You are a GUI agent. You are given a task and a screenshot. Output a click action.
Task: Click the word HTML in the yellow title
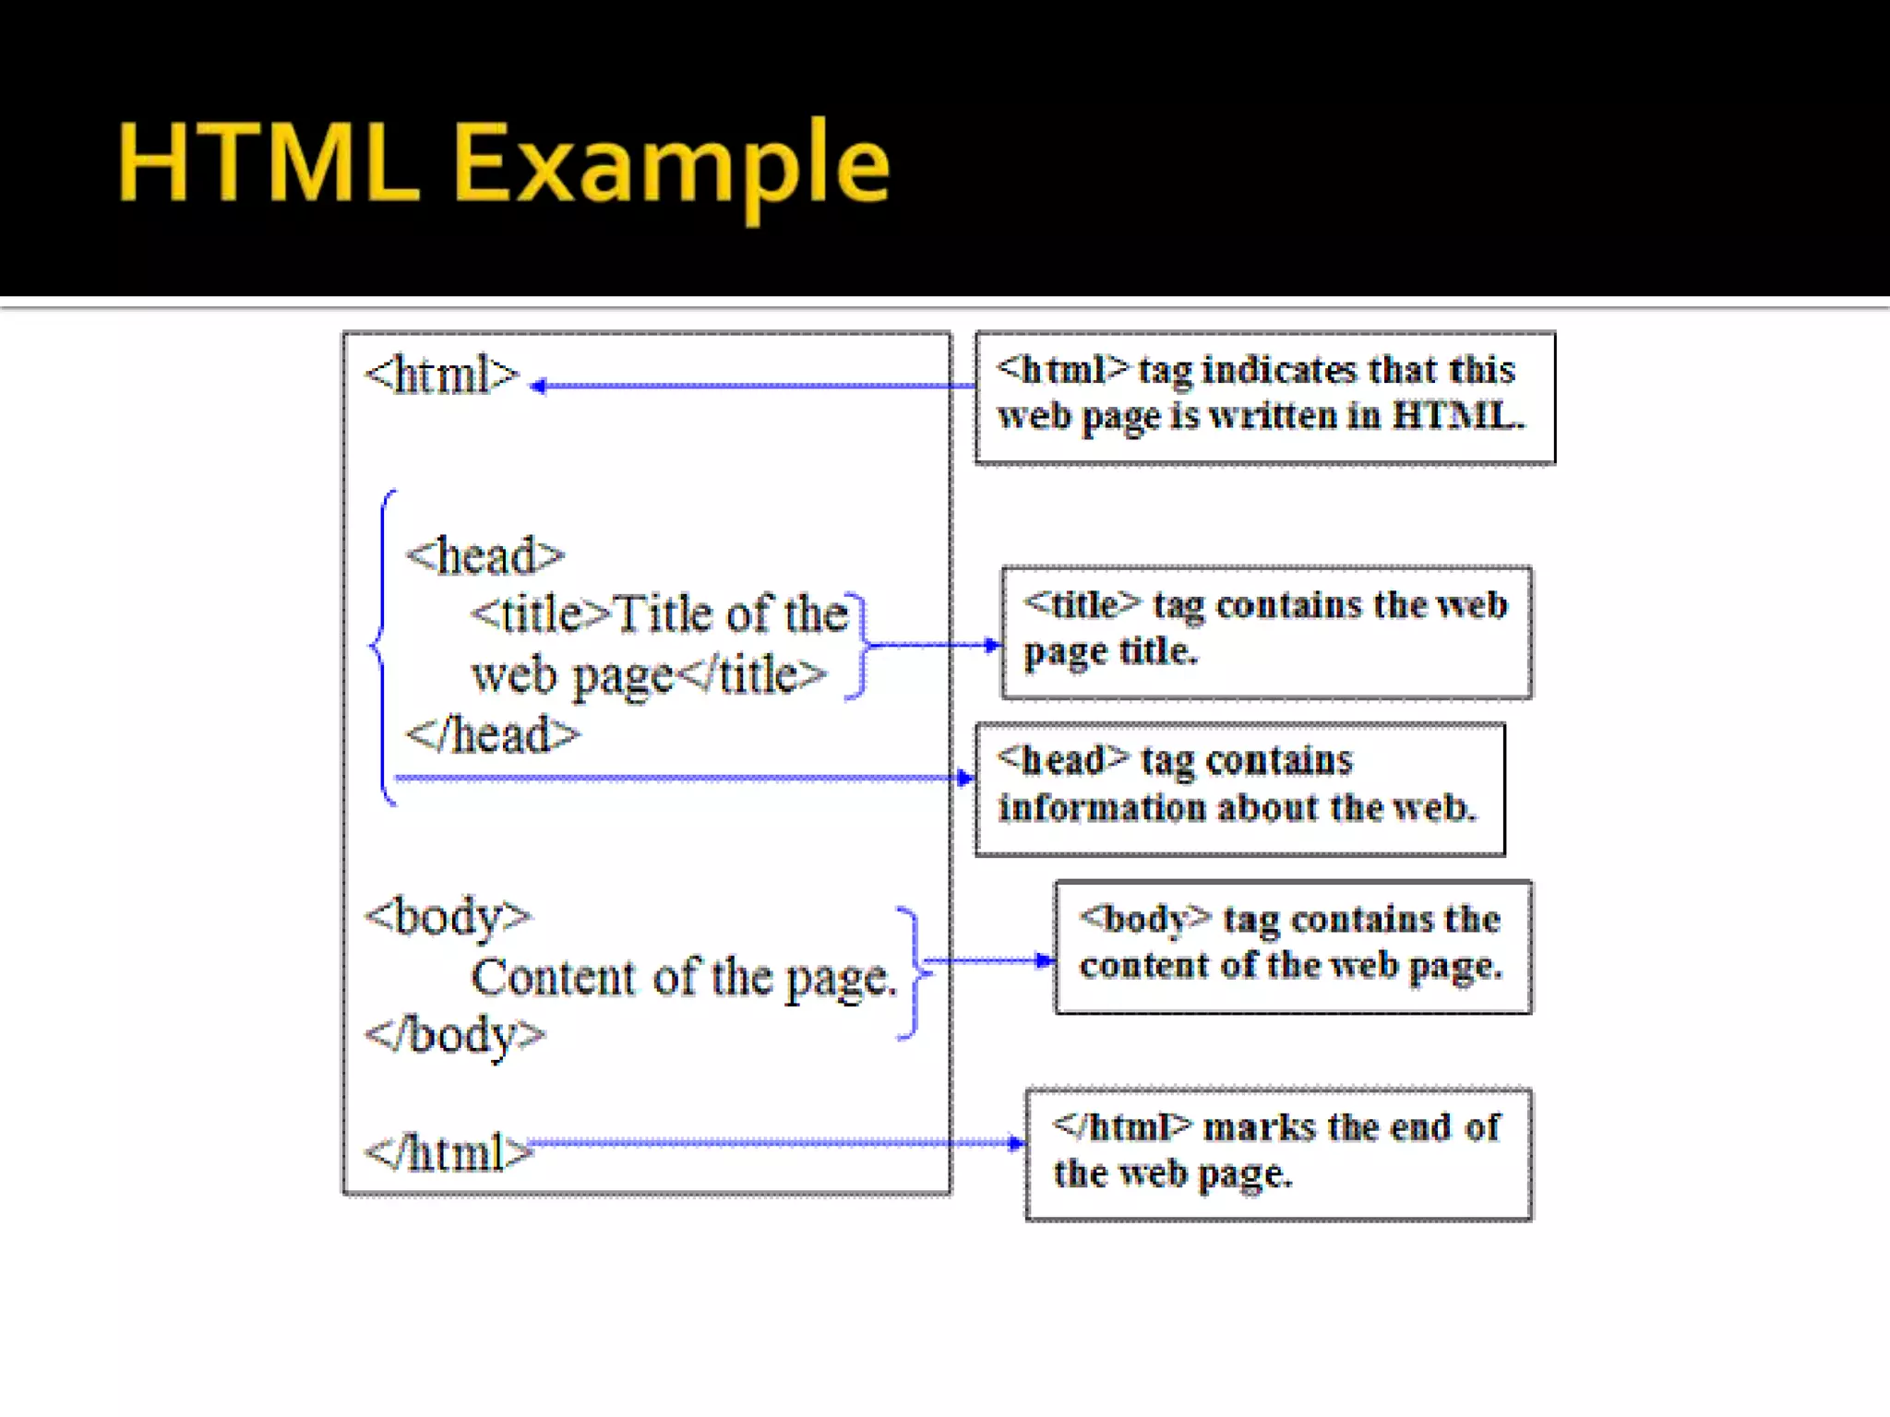point(268,164)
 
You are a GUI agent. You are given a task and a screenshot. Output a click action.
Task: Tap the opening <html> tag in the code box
point(442,375)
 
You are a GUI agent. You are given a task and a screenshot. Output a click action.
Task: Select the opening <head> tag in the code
point(484,556)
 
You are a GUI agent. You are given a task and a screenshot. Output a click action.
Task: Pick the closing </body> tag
point(455,1035)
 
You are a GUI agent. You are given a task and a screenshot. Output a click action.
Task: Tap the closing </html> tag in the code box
point(449,1153)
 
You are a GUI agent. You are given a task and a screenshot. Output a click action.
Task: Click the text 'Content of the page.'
point(684,978)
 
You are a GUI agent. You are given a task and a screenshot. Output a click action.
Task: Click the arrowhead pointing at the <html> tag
point(539,387)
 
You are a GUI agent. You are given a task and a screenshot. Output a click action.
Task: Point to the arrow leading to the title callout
point(932,645)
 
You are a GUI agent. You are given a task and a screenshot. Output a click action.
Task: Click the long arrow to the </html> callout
point(775,1144)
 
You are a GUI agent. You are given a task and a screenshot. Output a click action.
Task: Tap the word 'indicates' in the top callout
point(1279,370)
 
